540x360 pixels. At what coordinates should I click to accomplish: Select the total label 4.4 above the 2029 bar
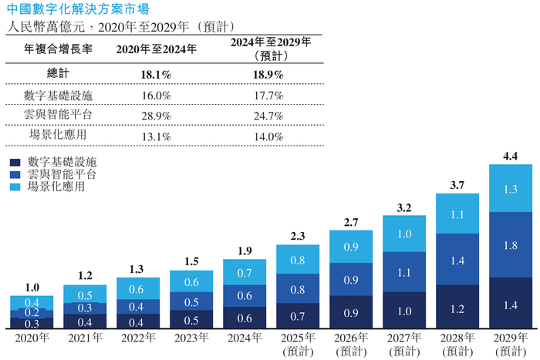point(510,156)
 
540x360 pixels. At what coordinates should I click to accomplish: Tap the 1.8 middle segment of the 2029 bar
point(510,246)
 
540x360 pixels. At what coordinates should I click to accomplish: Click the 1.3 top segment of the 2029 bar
point(510,189)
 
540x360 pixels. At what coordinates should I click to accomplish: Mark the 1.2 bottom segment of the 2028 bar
point(457,308)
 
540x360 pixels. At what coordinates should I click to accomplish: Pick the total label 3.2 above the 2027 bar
point(403,207)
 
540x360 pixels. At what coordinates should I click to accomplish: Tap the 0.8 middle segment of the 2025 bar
point(297,290)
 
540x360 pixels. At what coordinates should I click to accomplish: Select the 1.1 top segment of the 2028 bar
point(457,215)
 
